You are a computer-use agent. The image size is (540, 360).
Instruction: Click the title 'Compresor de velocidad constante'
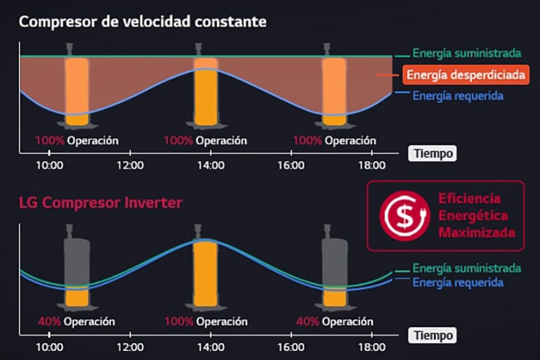point(143,21)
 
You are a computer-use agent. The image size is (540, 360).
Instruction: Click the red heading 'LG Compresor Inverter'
point(101,203)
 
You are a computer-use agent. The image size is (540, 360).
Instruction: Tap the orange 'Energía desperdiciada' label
point(466,75)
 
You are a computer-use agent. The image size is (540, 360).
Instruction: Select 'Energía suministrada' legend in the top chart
point(466,53)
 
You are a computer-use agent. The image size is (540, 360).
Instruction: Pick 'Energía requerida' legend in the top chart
point(458,96)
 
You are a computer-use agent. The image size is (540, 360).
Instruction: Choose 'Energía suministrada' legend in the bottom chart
point(466,269)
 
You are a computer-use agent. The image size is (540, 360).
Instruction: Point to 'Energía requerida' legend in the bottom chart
point(458,283)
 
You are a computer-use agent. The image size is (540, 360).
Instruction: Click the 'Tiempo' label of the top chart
point(432,153)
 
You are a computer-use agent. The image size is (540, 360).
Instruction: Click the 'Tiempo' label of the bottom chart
point(432,335)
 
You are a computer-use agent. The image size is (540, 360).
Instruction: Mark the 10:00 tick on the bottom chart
point(49,347)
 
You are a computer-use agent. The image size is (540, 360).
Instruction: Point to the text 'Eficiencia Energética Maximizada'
point(477,215)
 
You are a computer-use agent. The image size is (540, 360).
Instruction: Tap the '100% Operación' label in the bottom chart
point(205,322)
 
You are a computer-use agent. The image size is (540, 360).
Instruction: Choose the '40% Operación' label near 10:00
point(77,322)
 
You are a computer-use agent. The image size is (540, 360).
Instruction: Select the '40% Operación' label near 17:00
point(334,322)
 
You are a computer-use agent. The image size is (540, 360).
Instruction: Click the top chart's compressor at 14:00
point(205,88)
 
